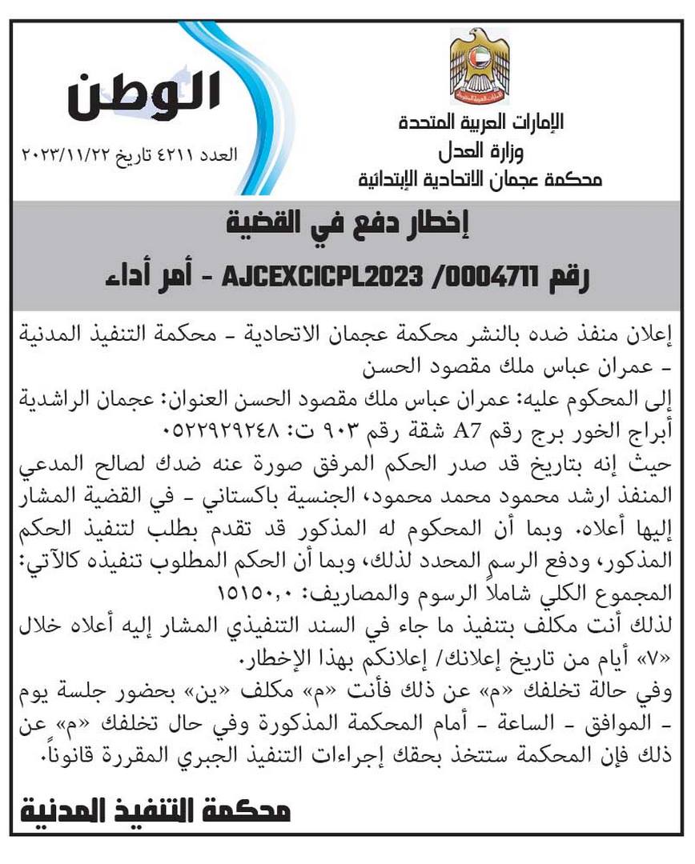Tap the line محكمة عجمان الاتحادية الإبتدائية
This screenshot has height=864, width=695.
click(480, 178)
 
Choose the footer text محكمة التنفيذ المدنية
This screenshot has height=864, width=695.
click(157, 811)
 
